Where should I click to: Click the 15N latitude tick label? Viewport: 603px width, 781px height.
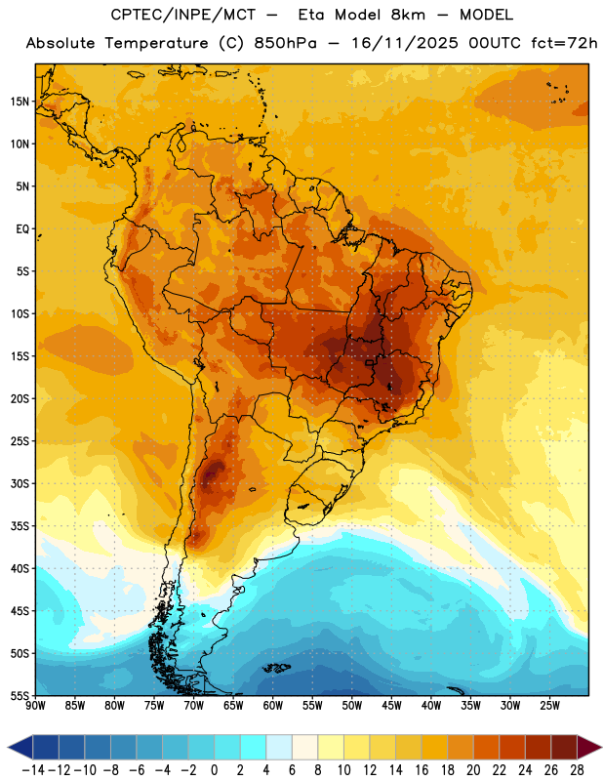20,102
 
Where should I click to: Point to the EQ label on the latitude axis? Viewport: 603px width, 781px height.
22,229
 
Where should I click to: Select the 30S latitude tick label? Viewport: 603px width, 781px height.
20,483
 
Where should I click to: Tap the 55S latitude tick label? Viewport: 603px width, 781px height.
20,695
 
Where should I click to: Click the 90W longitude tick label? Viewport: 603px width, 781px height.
35,706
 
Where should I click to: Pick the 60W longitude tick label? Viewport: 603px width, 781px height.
273,706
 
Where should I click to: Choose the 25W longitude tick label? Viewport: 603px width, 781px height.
549,706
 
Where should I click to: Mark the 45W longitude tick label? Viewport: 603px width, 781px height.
391,706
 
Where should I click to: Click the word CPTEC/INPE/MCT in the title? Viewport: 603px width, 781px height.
183,15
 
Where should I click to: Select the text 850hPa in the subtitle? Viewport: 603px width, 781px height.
285,43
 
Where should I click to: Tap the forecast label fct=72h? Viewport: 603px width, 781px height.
564,43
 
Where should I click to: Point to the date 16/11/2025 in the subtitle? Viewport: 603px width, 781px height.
405,43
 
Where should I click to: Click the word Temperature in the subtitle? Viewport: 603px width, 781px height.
156,43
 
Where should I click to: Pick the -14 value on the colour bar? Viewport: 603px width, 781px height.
33,770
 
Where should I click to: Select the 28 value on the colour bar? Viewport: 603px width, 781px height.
577,770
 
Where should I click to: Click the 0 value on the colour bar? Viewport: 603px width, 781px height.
214,770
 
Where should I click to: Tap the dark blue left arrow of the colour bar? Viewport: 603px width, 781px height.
20,747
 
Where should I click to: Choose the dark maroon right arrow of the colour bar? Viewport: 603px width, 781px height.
589,747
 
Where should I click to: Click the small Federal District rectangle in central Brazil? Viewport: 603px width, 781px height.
369,363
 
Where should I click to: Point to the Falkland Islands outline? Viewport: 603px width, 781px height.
276,668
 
